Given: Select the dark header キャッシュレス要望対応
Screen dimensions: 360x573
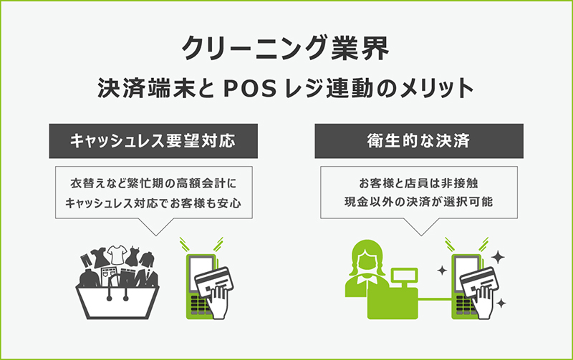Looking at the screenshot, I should pos(143,142).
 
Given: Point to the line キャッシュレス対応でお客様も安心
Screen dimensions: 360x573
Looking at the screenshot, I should pos(152,203).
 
